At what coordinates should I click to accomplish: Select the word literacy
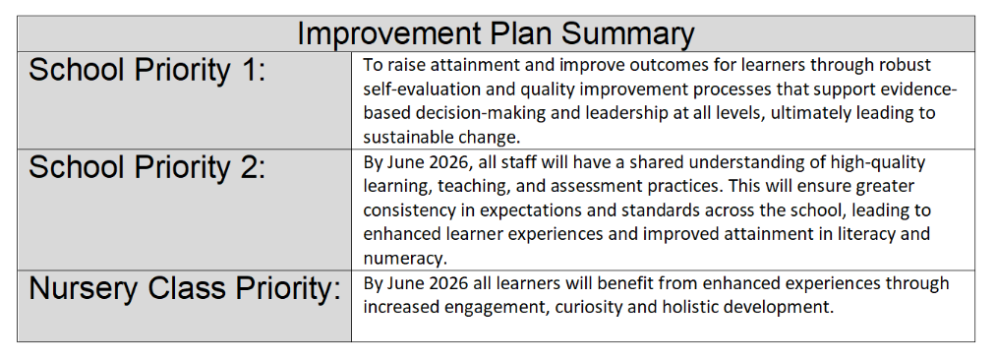pyautogui.click(x=866, y=234)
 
